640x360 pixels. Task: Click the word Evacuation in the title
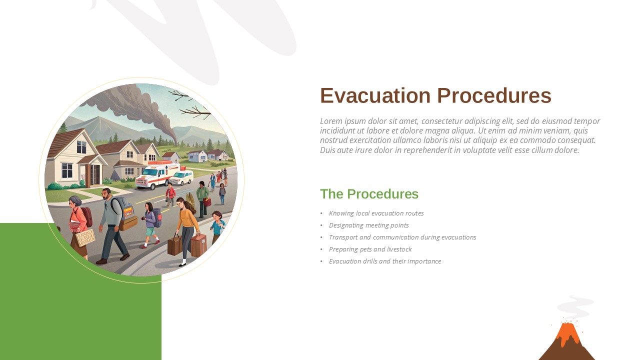[x=375, y=95]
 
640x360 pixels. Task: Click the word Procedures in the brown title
[x=494, y=95]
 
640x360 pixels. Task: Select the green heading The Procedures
[x=369, y=194]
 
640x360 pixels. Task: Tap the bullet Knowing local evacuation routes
[x=376, y=213]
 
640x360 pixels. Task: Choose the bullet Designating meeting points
[x=368, y=225]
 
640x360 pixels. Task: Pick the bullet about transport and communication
[x=402, y=237]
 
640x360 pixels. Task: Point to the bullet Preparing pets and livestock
[x=370, y=249]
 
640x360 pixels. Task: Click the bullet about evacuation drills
[x=385, y=261]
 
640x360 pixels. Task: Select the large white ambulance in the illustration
[x=157, y=175]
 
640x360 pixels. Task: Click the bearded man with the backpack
[x=112, y=225]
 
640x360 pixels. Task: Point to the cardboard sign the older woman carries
[x=85, y=237]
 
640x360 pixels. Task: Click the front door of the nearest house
[x=95, y=175]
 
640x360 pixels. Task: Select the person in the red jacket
[x=170, y=195]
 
